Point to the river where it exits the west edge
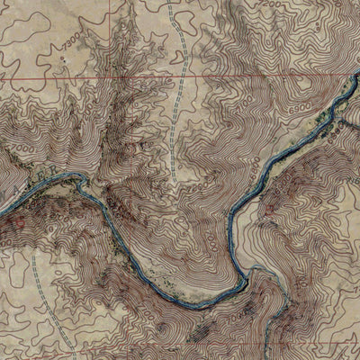[3, 212]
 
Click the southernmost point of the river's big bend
[193, 304]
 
